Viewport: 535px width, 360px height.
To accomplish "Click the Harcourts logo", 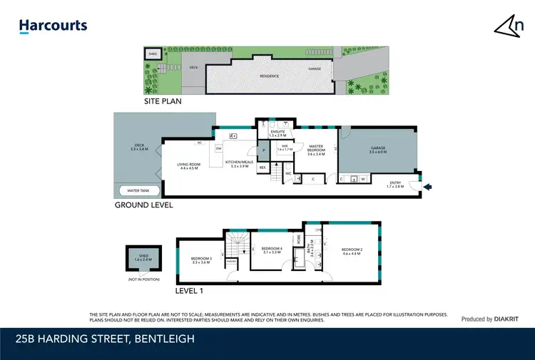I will [53, 26].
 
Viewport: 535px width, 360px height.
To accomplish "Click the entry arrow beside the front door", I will [428, 187].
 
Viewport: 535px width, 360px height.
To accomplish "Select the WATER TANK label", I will [138, 190].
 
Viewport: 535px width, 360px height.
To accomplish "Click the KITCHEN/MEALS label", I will [238, 163].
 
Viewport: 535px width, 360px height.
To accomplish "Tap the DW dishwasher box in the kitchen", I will [220, 148].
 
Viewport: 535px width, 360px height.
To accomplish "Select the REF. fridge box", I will [263, 168].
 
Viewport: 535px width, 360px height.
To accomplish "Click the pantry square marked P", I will [263, 150].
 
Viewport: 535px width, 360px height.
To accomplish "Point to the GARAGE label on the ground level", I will [377, 150].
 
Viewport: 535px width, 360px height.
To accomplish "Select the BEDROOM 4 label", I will [272, 250].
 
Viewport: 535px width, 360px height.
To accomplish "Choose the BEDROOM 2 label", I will [352, 250].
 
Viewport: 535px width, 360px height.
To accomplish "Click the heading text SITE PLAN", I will [163, 101].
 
